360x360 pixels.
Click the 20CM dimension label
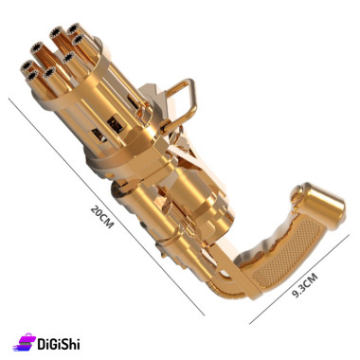point(101,217)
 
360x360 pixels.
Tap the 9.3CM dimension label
point(305,285)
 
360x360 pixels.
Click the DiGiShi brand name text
point(59,344)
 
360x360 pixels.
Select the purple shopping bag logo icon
point(25,342)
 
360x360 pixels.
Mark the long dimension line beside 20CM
point(106,207)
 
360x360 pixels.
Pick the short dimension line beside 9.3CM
point(299,279)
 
